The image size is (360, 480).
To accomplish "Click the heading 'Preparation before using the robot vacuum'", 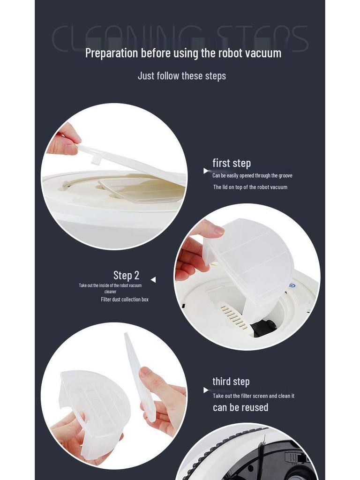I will coord(183,53).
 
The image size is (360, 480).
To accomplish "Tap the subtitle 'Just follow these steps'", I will coord(182,76).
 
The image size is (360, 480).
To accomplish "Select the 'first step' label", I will coord(232,163).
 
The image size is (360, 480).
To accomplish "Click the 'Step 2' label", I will coord(126,275).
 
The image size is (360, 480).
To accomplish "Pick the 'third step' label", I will coord(231,382).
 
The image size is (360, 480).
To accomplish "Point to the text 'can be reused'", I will coord(240,407).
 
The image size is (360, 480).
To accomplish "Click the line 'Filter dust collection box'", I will coord(125,300).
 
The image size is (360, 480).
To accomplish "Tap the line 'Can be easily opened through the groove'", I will coord(252,176).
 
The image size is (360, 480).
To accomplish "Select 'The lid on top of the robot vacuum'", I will coord(250,187).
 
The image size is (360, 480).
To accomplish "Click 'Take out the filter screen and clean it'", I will coord(254,396).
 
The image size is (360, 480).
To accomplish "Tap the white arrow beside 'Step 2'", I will coord(153,280).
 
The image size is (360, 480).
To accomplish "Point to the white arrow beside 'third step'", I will coord(206,390).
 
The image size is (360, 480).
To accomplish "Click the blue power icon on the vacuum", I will coord(292,285).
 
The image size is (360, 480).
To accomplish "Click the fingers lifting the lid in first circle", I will coord(65,141).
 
